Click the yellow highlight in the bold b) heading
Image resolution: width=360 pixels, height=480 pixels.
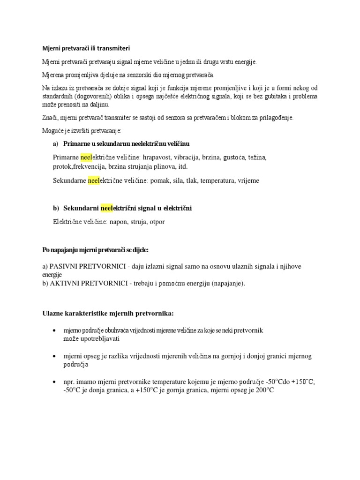coord(107,208)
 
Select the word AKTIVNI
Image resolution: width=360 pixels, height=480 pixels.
coord(69,283)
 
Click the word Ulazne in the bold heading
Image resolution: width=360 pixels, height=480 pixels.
coord(53,313)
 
